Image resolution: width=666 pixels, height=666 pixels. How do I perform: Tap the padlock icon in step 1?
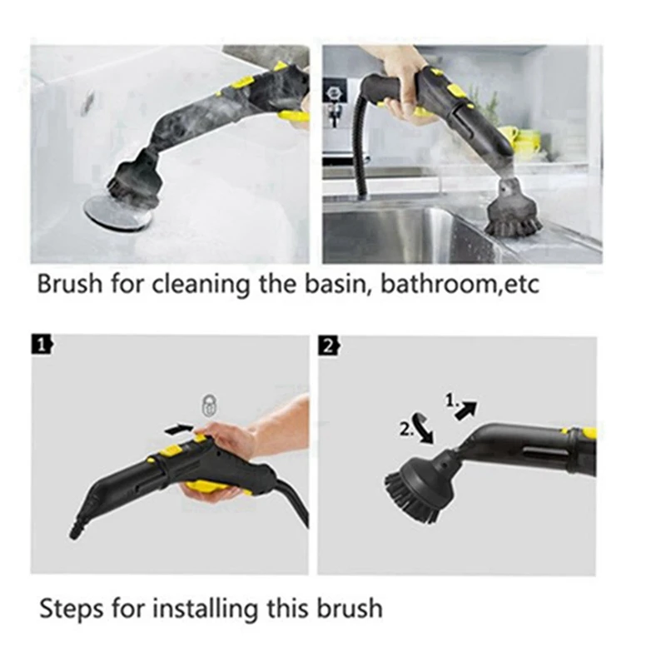click(x=207, y=406)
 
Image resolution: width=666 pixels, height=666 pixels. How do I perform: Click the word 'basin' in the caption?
click(x=342, y=284)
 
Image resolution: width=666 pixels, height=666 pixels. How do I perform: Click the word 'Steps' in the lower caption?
click(x=70, y=608)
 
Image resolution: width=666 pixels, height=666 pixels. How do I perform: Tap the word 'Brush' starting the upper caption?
click(x=69, y=284)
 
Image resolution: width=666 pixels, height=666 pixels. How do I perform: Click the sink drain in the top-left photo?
click(x=117, y=213)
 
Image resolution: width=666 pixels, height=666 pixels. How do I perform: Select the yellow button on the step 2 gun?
click(x=588, y=433)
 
